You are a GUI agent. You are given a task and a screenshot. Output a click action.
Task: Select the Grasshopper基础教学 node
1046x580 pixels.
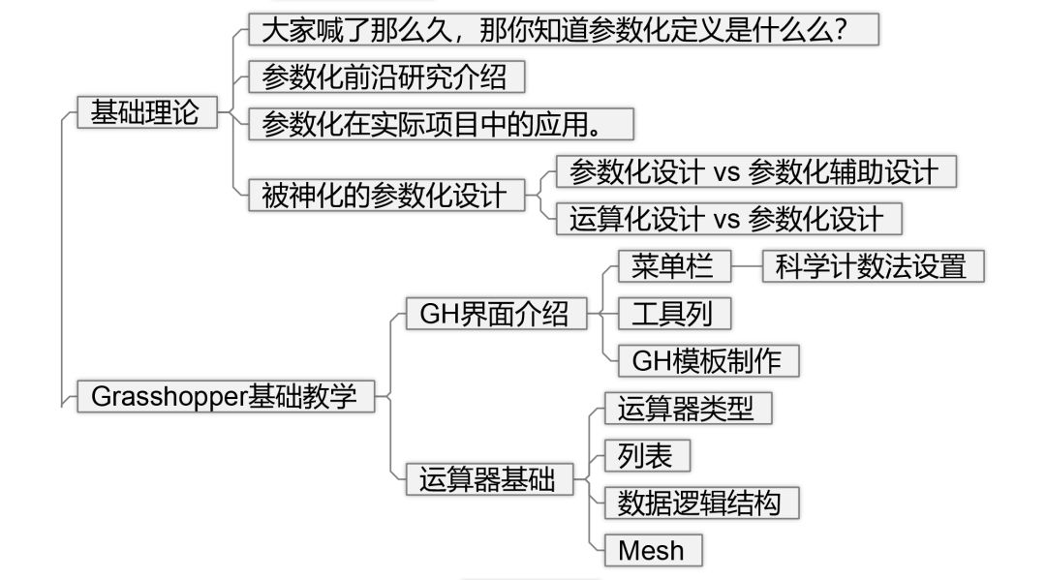tap(225, 396)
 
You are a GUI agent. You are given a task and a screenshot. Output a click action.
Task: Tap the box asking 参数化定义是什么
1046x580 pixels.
tap(563, 29)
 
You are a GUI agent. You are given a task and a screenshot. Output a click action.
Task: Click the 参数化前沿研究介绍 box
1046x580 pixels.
tap(385, 76)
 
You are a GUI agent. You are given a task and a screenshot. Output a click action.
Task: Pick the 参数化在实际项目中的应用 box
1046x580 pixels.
tap(441, 125)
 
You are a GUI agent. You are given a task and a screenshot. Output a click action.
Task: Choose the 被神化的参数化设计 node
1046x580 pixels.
tap(385, 195)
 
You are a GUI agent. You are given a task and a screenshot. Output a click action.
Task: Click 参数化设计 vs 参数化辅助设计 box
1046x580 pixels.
tap(754, 171)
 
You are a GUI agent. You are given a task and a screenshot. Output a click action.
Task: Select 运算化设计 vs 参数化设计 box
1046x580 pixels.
tap(727, 219)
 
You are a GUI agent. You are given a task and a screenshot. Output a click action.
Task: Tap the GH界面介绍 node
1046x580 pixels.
tap(495, 315)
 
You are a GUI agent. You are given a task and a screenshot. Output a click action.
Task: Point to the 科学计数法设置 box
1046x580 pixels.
tap(873, 266)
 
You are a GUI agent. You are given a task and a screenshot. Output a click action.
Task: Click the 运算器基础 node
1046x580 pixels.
tap(488, 479)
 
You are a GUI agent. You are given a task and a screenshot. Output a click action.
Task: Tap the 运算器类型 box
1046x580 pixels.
tap(687, 408)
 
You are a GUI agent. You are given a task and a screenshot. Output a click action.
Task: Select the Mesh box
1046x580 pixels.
tap(652, 551)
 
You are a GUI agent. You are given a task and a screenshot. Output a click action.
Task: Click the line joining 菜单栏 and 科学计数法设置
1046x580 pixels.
tap(747, 266)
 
